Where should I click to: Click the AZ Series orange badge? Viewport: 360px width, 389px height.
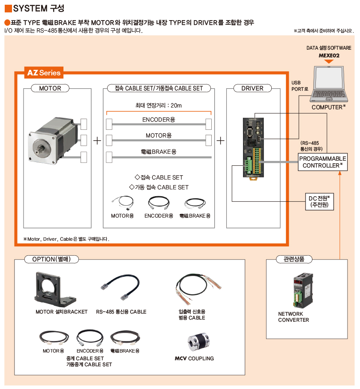(44, 72)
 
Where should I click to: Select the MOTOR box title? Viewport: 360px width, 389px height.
(50, 89)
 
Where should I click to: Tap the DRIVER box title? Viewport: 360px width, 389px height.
(252, 89)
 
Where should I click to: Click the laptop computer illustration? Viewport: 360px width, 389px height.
(328, 83)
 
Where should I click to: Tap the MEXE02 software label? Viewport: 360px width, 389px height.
(329, 55)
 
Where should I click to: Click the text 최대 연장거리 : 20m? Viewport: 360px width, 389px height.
(159, 105)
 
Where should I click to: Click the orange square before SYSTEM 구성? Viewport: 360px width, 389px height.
(8, 8)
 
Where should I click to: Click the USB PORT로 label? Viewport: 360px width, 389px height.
(300, 86)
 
